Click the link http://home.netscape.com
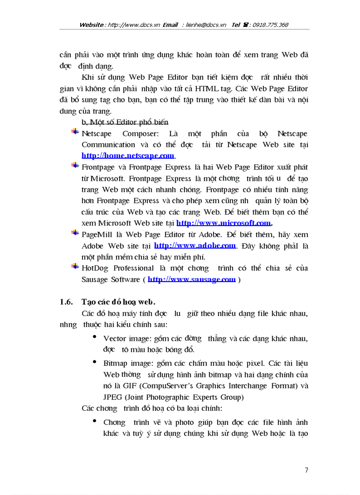tap(128, 156)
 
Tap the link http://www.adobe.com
tap(195, 246)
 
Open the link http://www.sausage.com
tap(191, 279)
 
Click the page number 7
tap(306, 470)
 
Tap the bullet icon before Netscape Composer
tap(75, 132)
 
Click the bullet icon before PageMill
tap(75, 233)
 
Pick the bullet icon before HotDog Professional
tap(75, 266)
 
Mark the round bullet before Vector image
tap(95, 337)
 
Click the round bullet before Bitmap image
tap(95, 362)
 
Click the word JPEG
tap(112, 397)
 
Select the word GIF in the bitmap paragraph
tap(121, 386)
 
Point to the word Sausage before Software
tap(95, 279)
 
